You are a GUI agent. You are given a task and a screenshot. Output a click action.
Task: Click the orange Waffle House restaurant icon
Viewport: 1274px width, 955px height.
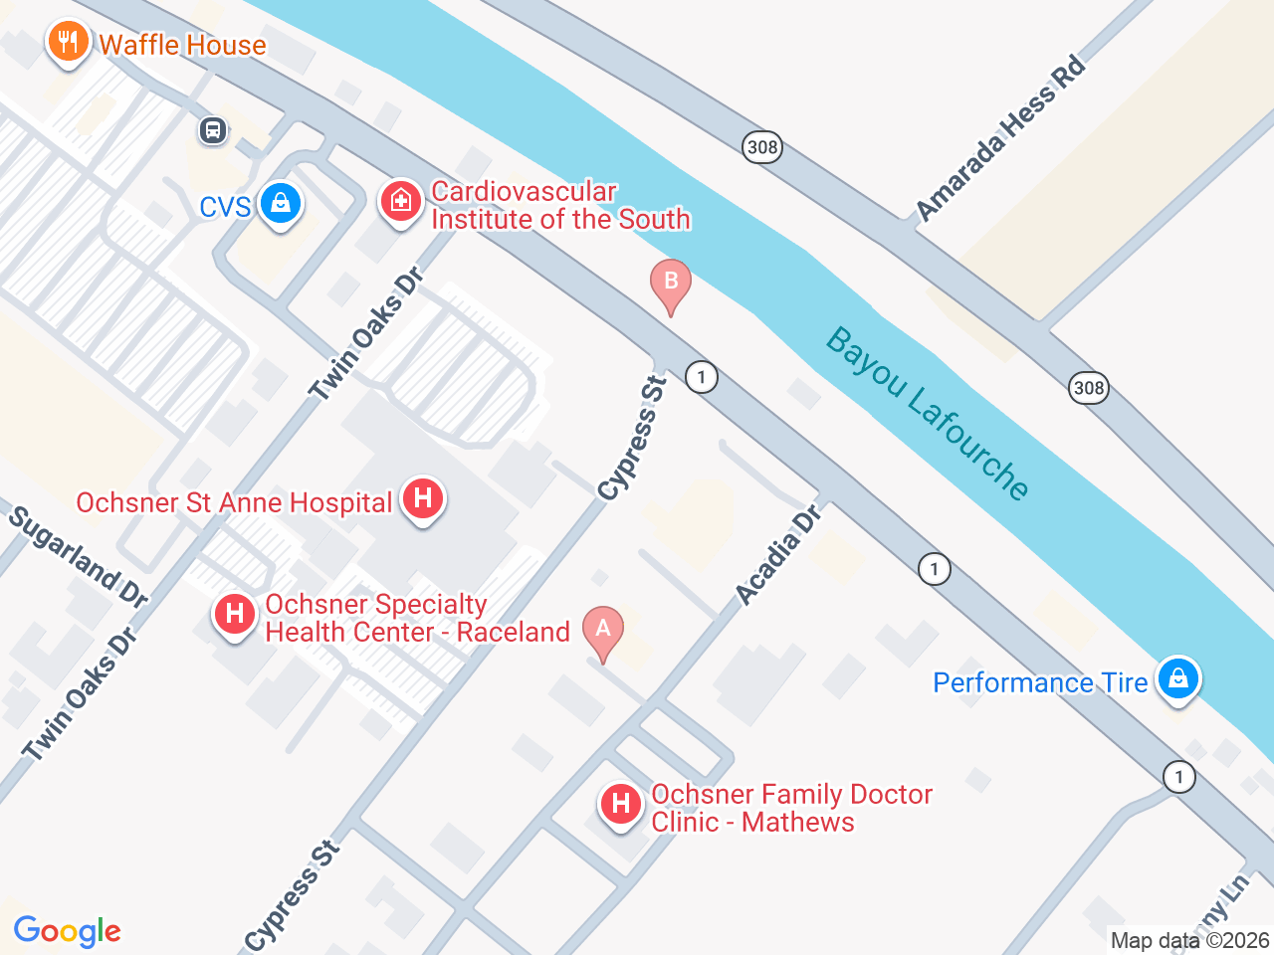coord(68,43)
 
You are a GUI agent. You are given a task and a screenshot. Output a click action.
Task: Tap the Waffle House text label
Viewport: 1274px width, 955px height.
coord(183,45)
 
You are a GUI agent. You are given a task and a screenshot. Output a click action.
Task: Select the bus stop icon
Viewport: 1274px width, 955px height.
coord(213,129)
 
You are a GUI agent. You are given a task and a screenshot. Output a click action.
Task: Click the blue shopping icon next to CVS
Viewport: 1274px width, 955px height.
coord(281,204)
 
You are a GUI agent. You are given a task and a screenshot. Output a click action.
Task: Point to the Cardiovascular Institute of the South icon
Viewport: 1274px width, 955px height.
coord(400,203)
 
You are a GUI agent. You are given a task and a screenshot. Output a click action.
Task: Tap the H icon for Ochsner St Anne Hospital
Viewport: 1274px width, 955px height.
coord(423,498)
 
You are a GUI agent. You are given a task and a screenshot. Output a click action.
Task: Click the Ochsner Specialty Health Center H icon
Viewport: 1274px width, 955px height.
coord(235,614)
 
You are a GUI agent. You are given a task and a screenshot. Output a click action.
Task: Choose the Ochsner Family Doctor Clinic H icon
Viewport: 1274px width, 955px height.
coord(621,803)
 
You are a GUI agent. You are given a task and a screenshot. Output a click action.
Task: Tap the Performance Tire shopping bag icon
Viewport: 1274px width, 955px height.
coord(1178,679)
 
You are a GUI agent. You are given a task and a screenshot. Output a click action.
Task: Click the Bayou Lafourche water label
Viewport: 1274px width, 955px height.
coord(928,414)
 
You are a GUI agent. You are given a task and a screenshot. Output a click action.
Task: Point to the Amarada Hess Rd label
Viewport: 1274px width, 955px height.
coord(1000,138)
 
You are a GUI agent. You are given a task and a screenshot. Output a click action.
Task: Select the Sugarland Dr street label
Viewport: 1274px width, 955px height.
coord(79,557)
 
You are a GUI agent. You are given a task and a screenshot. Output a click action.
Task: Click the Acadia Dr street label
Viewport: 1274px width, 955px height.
coord(779,555)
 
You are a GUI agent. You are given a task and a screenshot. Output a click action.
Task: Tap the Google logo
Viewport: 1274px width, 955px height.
coord(68,932)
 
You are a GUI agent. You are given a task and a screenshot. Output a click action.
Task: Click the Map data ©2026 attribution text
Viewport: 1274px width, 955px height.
coord(1189,940)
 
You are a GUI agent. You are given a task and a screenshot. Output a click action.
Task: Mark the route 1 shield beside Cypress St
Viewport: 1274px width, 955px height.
coord(702,377)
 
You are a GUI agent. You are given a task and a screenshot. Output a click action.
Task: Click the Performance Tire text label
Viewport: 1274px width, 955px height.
coord(1040,682)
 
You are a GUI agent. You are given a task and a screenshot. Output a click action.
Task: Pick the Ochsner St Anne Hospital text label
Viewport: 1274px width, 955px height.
coord(234,503)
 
